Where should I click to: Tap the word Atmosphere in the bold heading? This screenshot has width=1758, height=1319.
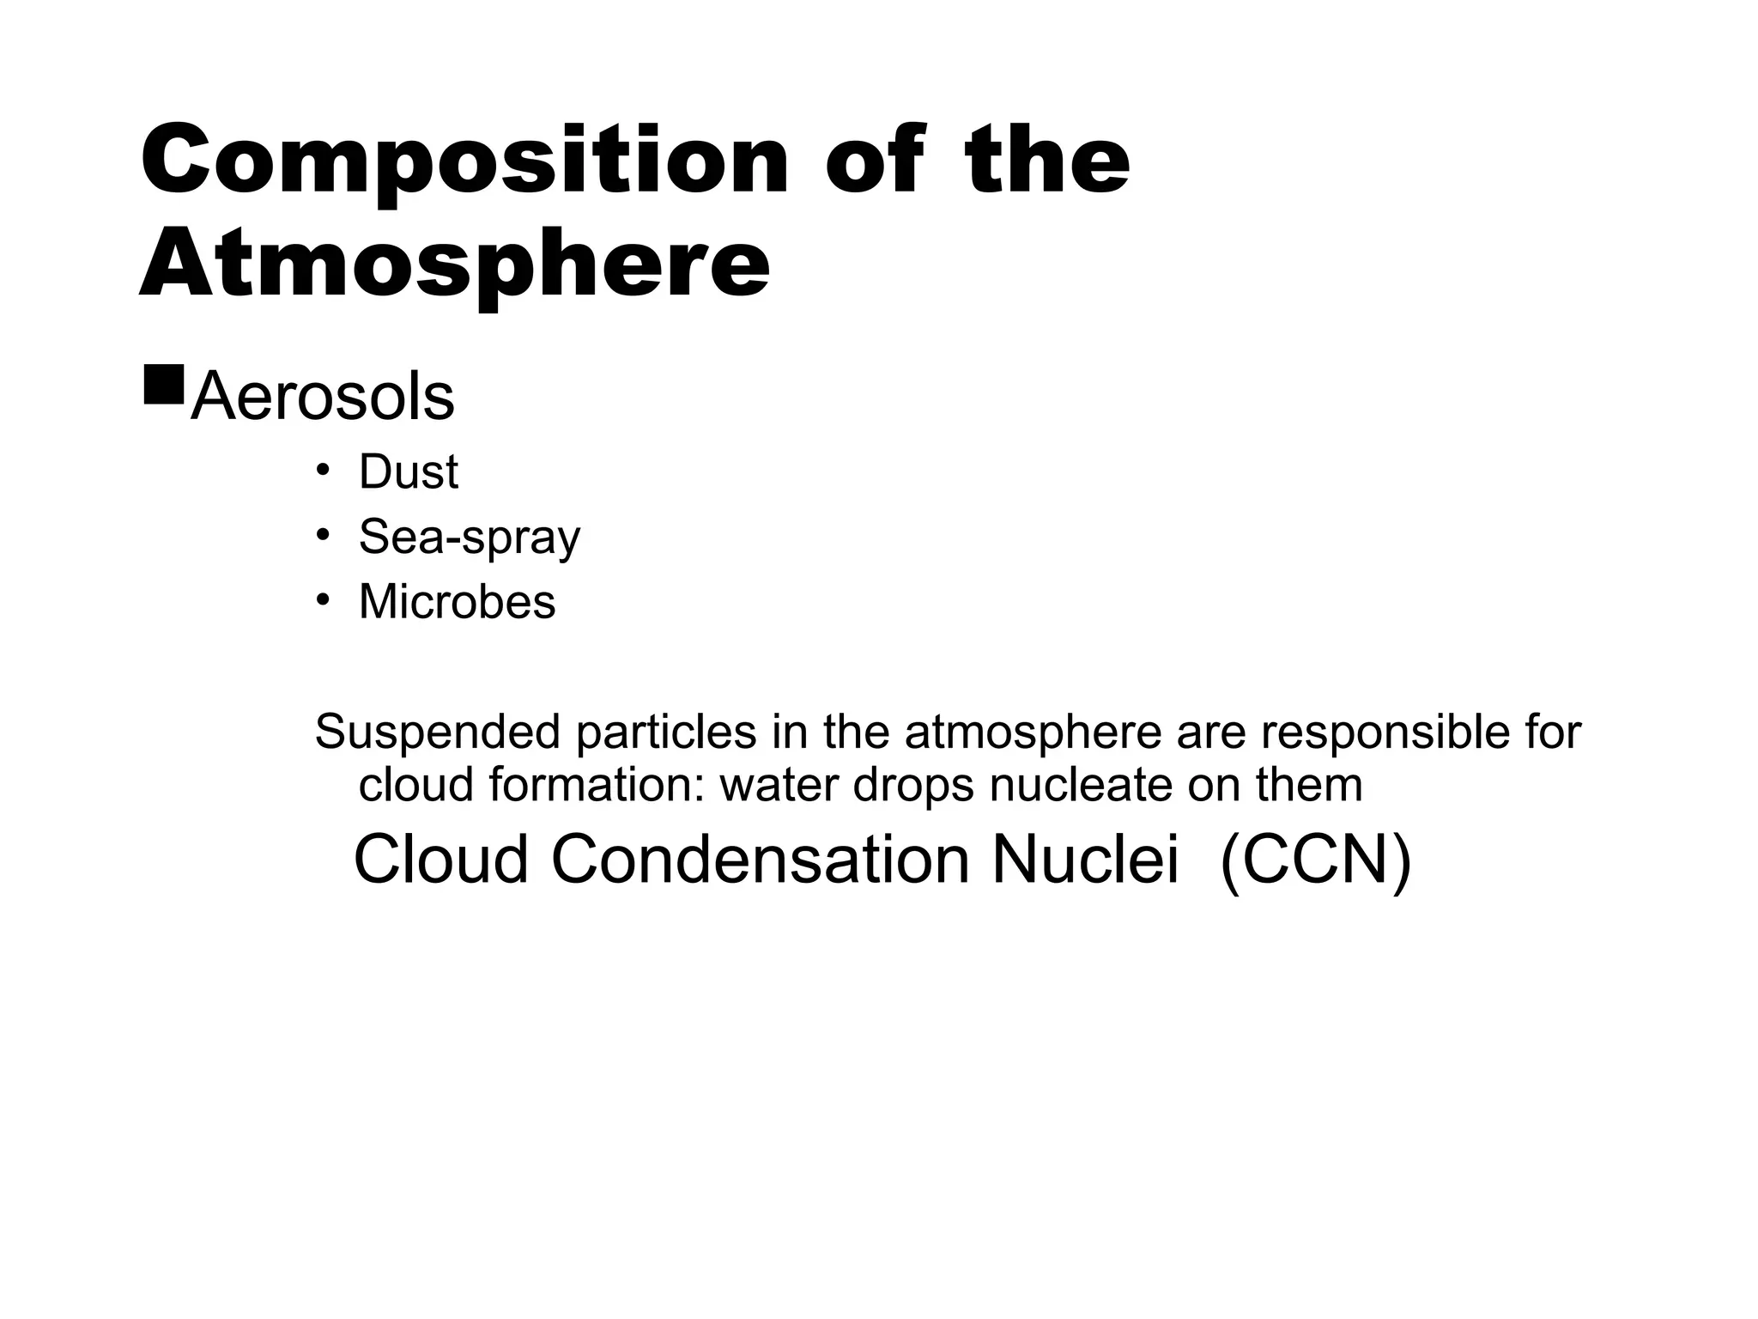coord(454,264)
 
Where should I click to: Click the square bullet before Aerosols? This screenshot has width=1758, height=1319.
coord(164,385)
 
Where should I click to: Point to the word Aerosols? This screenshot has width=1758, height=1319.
coord(323,398)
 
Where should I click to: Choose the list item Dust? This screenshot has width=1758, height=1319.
coord(409,472)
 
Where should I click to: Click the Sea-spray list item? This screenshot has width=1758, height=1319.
coord(470,538)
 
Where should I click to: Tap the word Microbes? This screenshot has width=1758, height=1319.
coord(457,601)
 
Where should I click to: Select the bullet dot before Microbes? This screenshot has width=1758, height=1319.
coord(323,599)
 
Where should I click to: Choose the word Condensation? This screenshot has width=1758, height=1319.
coord(760,860)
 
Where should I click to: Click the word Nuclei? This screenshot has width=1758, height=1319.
coord(1085,860)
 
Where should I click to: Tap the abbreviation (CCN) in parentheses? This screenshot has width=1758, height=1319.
coord(1315,860)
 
